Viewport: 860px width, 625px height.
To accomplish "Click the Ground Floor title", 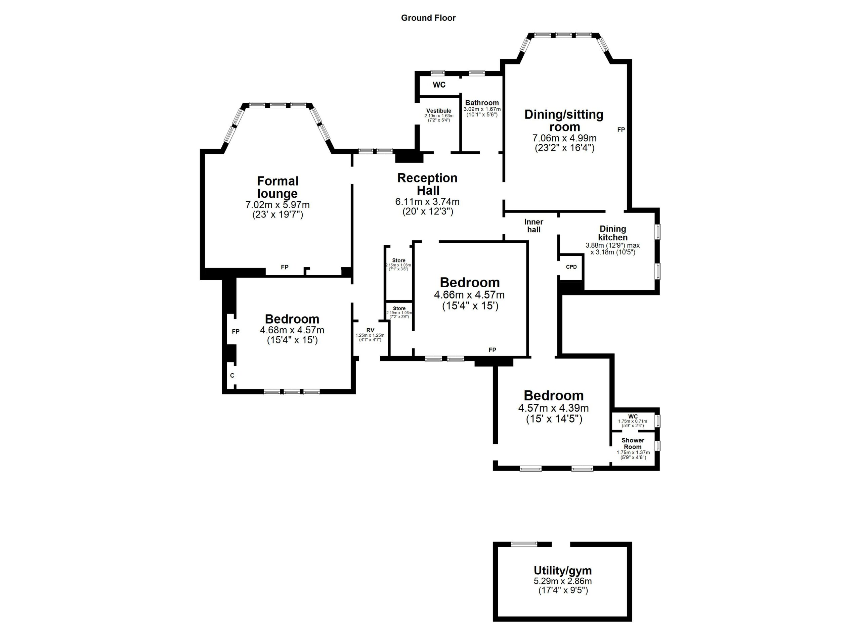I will point(428,18).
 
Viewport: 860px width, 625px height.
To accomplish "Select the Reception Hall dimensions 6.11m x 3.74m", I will point(427,201).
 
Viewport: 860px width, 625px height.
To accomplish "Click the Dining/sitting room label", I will point(564,121).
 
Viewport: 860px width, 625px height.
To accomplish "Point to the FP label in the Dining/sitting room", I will point(621,130).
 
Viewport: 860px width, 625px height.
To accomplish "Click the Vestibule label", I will point(439,111).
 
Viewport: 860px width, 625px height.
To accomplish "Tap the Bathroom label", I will point(482,103).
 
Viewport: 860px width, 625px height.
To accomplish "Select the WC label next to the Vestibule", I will point(439,85).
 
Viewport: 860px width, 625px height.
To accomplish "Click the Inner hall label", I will point(533,225).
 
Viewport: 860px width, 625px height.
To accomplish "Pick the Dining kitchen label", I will point(612,233).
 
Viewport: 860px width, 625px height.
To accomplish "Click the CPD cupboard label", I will point(571,267).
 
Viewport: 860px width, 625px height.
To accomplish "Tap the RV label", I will point(371,330).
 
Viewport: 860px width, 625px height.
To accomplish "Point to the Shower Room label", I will point(633,443).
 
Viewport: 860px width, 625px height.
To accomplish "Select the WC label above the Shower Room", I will point(633,416).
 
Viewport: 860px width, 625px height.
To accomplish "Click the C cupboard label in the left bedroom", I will point(232,375).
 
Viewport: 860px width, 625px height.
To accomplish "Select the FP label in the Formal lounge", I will point(285,267).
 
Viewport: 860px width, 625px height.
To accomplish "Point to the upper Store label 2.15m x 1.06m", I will point(398,260).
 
